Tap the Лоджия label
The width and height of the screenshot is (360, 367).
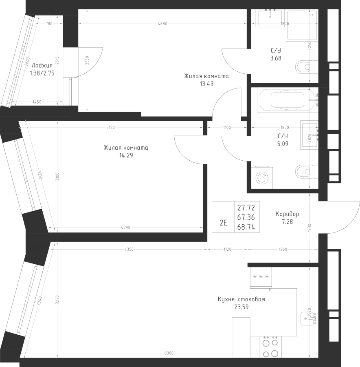tap(42, 66)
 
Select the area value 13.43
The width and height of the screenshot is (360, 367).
tap(206, 84)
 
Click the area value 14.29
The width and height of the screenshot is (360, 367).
tap(126, 155)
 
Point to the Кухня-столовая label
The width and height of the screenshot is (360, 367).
tap(241, 299)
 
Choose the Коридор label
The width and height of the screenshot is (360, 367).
tap(287, 214)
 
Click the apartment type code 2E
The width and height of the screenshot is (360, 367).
tap(223, 223)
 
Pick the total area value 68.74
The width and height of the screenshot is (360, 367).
tap(246, 228)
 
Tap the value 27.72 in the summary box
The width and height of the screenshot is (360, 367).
tap(246, 208)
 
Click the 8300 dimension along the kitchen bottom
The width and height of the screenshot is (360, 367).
tap(170, 353)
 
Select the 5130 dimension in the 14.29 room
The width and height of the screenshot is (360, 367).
tap(110, 128)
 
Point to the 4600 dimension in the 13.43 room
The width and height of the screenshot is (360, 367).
tap(162, 24)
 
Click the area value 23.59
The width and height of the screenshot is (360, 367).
tap(241, 307)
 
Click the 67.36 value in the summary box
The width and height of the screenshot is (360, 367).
tap(246, 218)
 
